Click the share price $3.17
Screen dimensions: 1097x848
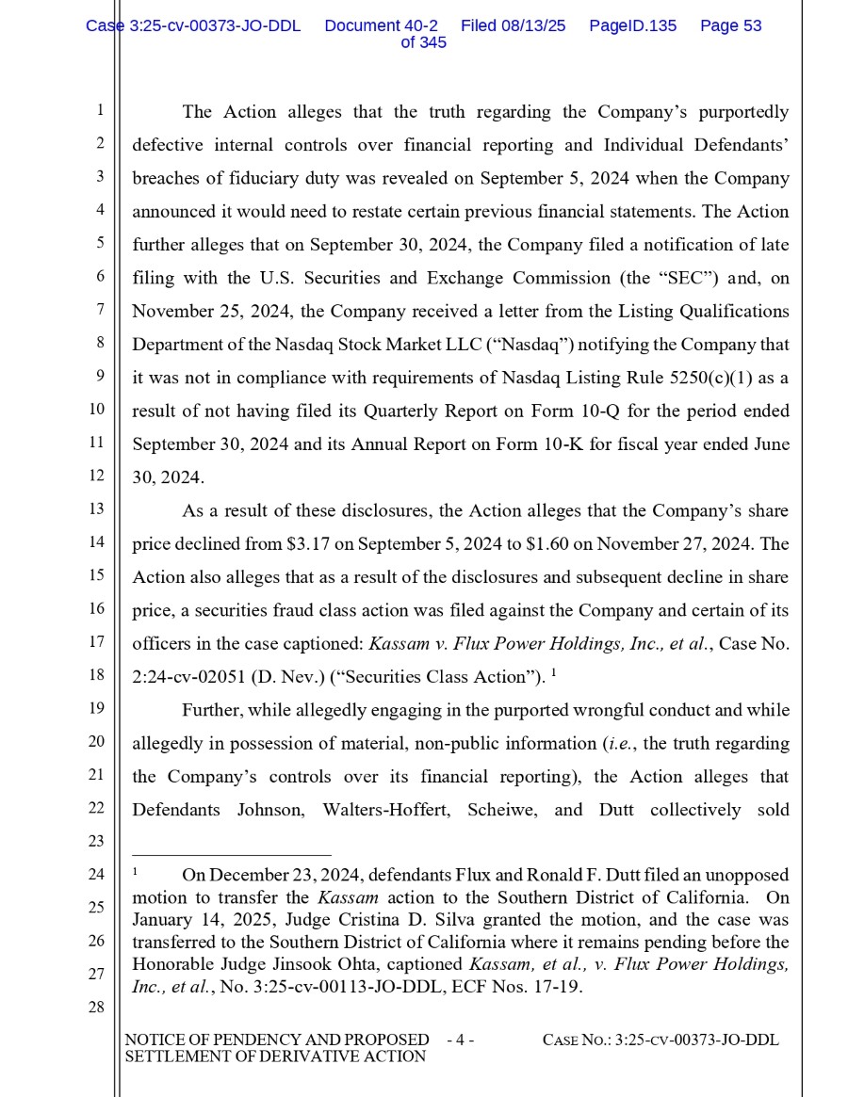pos(307,544)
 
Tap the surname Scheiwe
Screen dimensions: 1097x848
pos(505,810)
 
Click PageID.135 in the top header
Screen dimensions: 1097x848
pos(632,26)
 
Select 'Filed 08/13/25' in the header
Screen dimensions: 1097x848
pos(514,26)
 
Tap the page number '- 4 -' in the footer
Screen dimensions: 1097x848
pos(460,1041)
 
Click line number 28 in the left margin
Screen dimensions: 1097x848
pos(96,1008)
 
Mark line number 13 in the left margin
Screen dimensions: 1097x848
pos(96,509)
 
